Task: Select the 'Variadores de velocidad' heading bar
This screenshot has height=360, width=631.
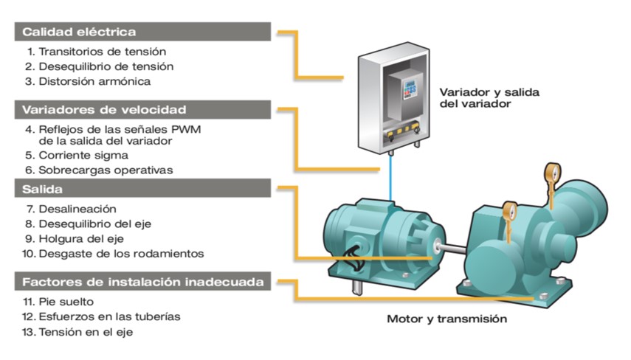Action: pyautogui.click(x=142, y=109)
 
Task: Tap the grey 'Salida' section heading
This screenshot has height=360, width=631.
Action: pyautogui.click(x=142, y=188)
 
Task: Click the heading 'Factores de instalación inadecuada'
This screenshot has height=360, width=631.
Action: pyautogui.click(x=142, y=281)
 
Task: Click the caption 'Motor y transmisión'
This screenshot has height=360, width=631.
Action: pyautogui.click(x=446, y=319)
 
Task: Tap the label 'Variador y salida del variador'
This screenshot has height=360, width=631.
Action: pyautogui.click(x=489, y=97)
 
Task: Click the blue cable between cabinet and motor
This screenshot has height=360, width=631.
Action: pyautogui.click(x=390, y=177)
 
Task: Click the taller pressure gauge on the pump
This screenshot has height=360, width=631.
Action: pyautogui.click(x=553, y=185)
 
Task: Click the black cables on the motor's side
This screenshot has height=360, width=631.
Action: pyautogui.click(x=354, y=260)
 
